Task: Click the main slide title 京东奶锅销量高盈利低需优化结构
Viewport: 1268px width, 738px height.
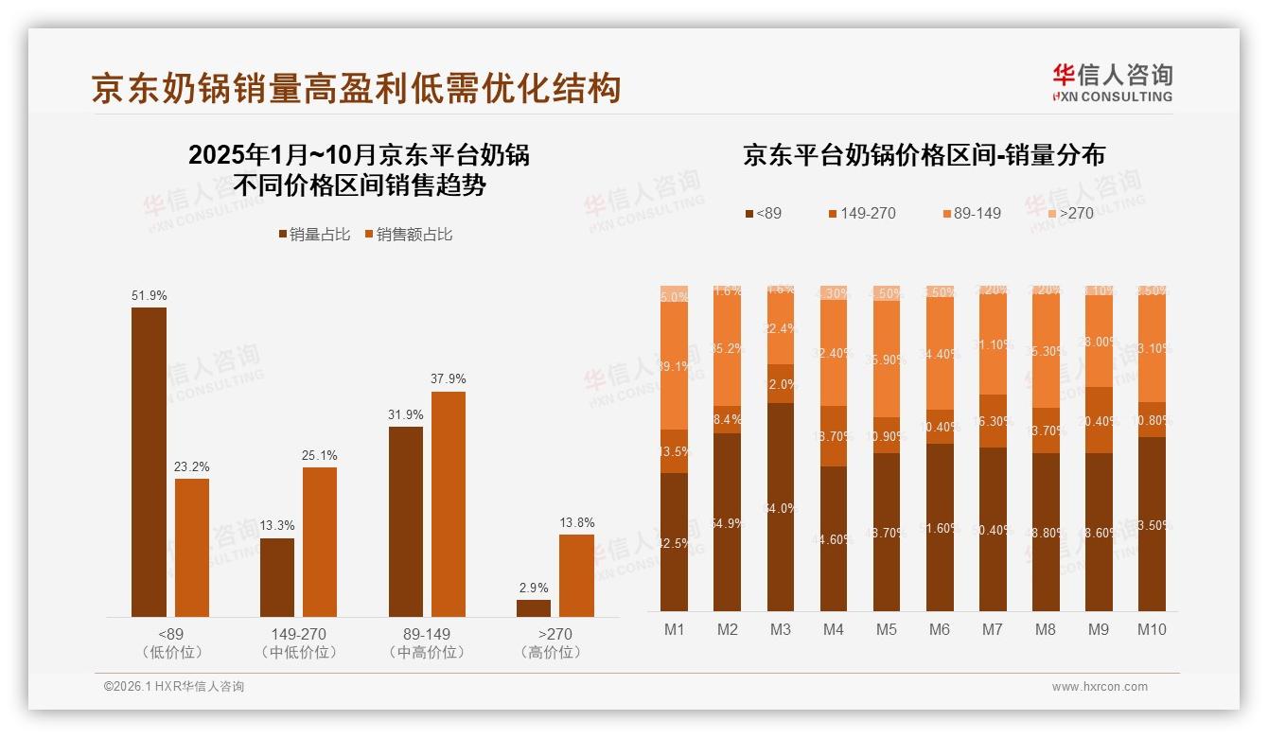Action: (356, 88)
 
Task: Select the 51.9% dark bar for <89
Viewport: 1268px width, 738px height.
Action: (149, 462)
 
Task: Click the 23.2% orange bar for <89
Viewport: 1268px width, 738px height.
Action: (192, 548)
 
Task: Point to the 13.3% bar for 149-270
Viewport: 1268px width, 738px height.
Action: (277, 577)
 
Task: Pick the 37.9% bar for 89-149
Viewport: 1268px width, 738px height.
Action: (449, 504)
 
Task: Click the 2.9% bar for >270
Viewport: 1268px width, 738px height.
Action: (534, 608)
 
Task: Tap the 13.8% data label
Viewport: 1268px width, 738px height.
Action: (576, 522)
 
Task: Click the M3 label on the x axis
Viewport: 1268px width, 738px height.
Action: (780, 629)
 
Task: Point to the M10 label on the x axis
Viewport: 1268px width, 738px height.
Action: (1151, 629)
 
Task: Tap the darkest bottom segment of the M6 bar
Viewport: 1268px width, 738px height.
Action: (940, 527)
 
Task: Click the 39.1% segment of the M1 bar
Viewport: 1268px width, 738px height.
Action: (675, 366)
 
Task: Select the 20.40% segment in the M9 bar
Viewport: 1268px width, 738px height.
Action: (1099, 420)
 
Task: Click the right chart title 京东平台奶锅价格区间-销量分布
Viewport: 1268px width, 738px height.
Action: (924, 155)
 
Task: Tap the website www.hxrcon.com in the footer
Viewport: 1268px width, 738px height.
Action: (1100, 687)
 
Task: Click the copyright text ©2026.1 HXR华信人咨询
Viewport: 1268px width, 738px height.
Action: (174, 687)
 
